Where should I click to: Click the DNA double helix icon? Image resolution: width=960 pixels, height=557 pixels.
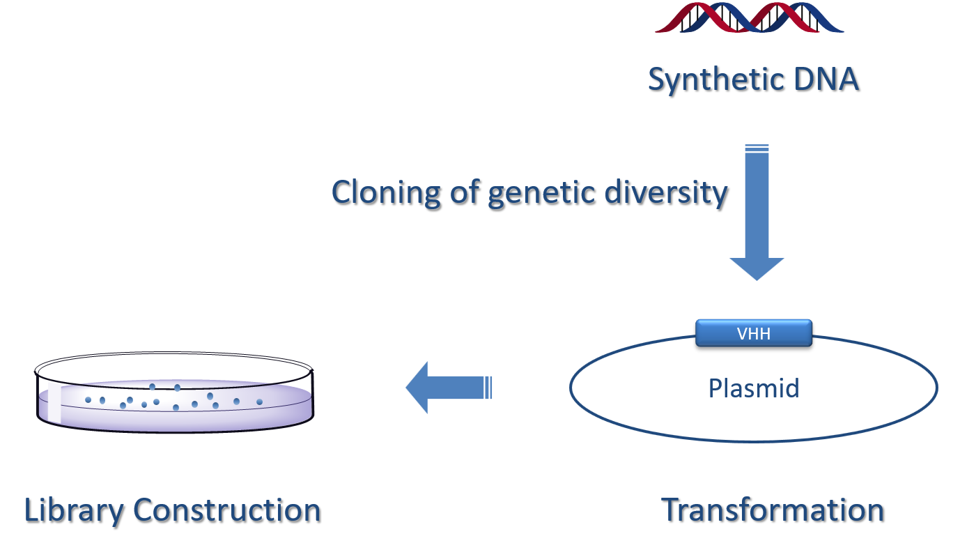point(750,17)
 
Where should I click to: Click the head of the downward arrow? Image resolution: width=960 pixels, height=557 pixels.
point(757,268)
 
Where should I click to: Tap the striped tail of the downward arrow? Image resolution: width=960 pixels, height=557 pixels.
point(757,148)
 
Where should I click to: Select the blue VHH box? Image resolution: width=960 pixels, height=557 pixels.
point(754,333)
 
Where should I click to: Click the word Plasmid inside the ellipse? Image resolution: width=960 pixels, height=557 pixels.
point(753,388)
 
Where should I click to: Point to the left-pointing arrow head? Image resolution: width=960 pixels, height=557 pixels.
point(418,387)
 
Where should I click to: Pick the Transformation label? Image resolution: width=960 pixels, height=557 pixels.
point(772,510)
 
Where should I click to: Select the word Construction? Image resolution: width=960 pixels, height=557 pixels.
point(226,510)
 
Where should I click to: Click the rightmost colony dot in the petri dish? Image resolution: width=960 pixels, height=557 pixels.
point(259,402)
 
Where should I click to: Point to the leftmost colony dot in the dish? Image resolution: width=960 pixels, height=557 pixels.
point(88,399)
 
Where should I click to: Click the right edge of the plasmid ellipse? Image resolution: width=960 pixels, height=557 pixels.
point(936,388)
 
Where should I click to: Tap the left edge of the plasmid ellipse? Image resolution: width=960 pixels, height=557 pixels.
point(571,388)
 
